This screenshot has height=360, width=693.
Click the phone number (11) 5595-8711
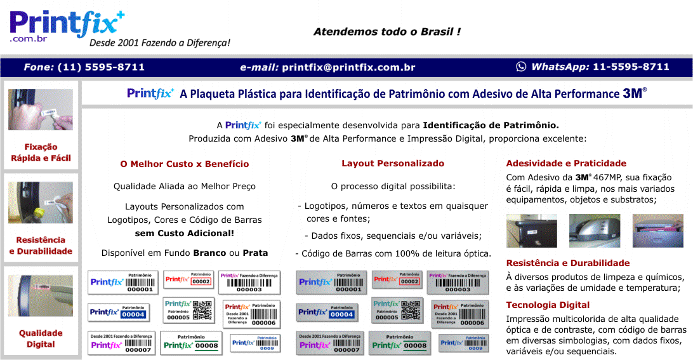point(101,67)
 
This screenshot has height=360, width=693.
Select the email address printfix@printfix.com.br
point(348,67)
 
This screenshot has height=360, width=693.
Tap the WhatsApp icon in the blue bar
point(521,67)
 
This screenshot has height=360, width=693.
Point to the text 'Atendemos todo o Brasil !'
point(386,32)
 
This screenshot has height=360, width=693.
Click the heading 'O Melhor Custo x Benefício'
point(184,164)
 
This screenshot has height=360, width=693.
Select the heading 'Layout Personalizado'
point(393,163)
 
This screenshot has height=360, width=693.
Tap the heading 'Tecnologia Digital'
point(548,305)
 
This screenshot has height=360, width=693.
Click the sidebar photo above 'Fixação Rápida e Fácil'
point(41,109)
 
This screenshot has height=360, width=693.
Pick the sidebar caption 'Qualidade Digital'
point(41,338)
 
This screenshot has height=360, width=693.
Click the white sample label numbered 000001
point(122,282)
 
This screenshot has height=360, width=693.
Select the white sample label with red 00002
point(188,279)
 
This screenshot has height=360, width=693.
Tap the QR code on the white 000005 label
point(202,310)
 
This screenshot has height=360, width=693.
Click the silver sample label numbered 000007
point(329,343)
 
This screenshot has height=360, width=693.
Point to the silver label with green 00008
point(399,343)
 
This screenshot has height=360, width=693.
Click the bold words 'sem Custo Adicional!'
point(185,233)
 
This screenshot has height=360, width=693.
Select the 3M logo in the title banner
point(633,93)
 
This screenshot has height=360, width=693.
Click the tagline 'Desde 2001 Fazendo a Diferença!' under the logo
point(159,43)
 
